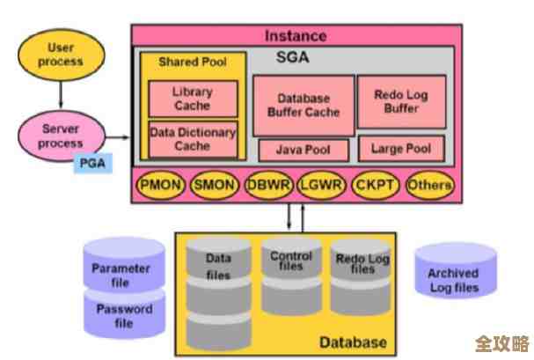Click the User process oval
point(60,55)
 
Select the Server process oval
point(60,136)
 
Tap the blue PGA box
point(93,163)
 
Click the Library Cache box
point(191,99)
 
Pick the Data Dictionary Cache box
point(191,140)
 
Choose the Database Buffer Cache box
point(302,106)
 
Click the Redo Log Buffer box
point(400,101)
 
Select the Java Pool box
point(304,150)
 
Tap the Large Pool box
point(400,149)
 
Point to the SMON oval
point(213,186)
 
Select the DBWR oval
point(267,186)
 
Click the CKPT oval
point(376,186)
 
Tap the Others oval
point(429,186)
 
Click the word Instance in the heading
point(295,36)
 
